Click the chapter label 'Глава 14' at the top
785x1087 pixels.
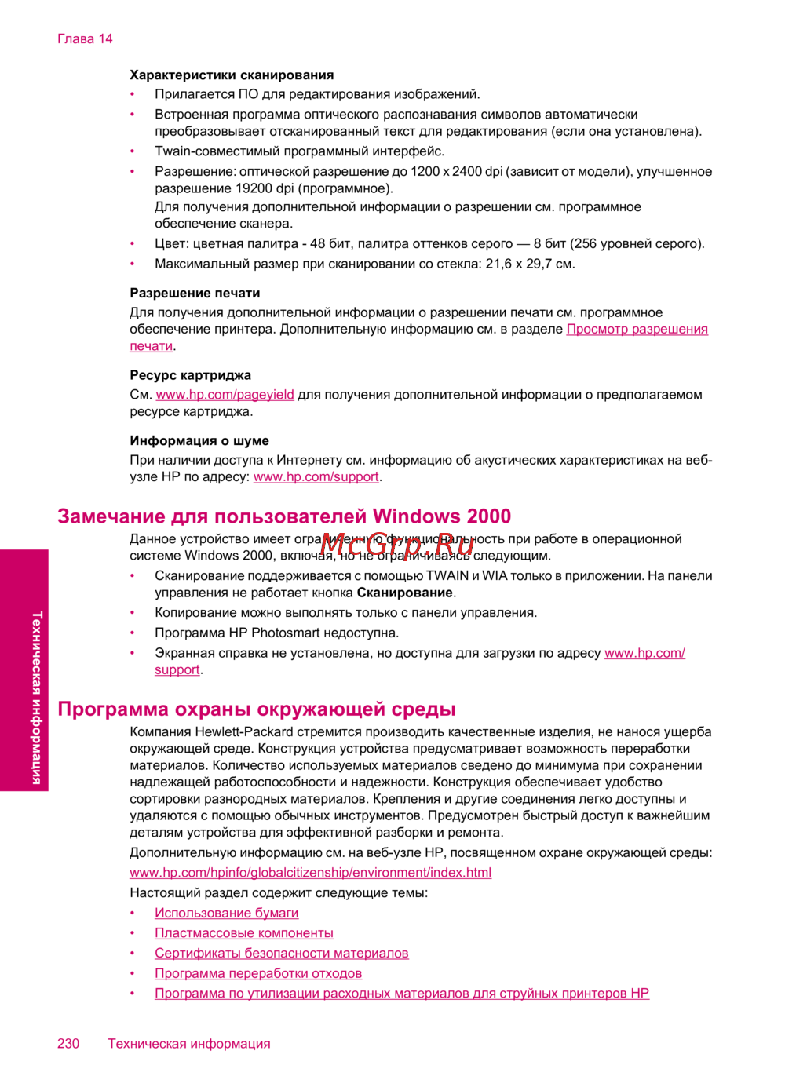pyautogui.click(x=85, y=39)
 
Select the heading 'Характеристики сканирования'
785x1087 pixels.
pyautogui.click(x=232, y=75)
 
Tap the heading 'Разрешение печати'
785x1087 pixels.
pyautogui.click(x=195, y=294)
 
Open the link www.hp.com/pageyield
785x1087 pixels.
pyautogui.click(x=225, y=395)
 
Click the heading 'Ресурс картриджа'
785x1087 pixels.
pyautogui.click(x=190, y=375)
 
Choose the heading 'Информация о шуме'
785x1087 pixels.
pyautogui.click(x=199, y=441)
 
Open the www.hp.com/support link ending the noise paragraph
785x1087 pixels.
pyautogui.click(x=316, y=477)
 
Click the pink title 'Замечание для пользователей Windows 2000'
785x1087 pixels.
pyautogui.click(x=284, y=516)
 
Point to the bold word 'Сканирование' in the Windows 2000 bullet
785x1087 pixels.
pyautogui.click(x=404, y=593)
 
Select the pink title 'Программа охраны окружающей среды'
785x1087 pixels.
pyautogui.click(x=257, y=709)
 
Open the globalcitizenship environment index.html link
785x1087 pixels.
pyautogui.click(x=310, y=873)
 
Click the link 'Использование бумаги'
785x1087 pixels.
pyautogui.click(x=226, y=914)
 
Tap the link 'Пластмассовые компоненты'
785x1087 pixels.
pyautogui.click(x=243, y=933)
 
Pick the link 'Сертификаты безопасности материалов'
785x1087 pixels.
pyautogui.click(x=281, y=954)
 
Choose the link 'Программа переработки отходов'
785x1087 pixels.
pyautogui.click(x=258, y=974)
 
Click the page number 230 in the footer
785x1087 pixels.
pyautogui.click(x=68, y=1044)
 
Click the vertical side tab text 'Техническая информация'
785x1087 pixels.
pyautogui.click(x=37, y=698)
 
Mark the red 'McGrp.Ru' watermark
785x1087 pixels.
pyautogui.click(x=397, y=543)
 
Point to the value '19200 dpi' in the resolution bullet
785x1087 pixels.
pyautogui.click(x=264, y=188)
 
